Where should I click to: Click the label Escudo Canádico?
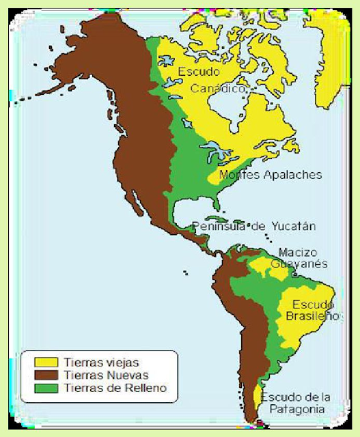(211, 79)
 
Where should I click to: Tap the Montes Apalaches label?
(270, 175)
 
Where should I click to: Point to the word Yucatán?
(294, 226)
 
